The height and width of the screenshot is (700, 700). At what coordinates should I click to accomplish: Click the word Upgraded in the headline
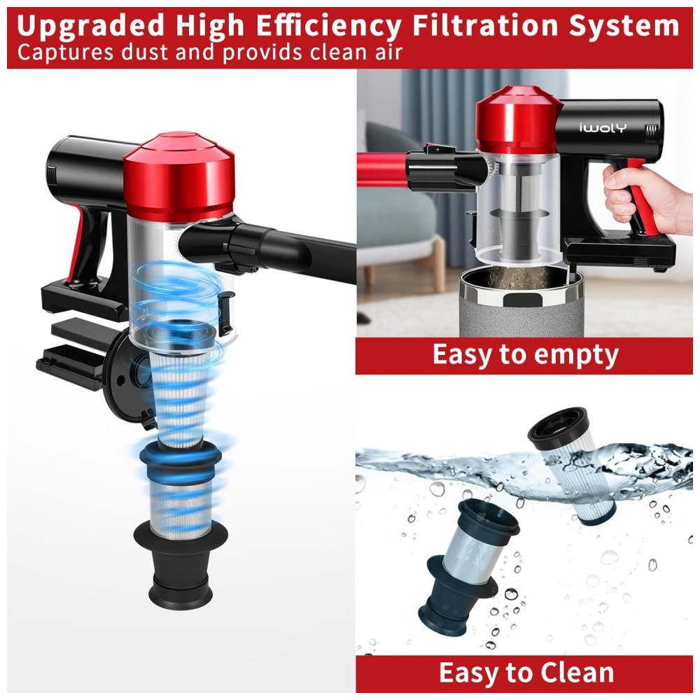click(x=90, y=27)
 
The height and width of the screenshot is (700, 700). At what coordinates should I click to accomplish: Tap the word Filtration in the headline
click(x=484, y=25)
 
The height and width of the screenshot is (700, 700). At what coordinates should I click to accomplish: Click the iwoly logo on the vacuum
click(x=603, y=127)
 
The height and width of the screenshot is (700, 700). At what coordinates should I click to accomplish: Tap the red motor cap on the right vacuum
click(x=518, y=120)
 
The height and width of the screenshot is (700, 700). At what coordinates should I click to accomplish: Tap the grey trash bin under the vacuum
click(x=521, y=303)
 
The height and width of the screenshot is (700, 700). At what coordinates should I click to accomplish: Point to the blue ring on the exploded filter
click(x=181, y=457)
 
